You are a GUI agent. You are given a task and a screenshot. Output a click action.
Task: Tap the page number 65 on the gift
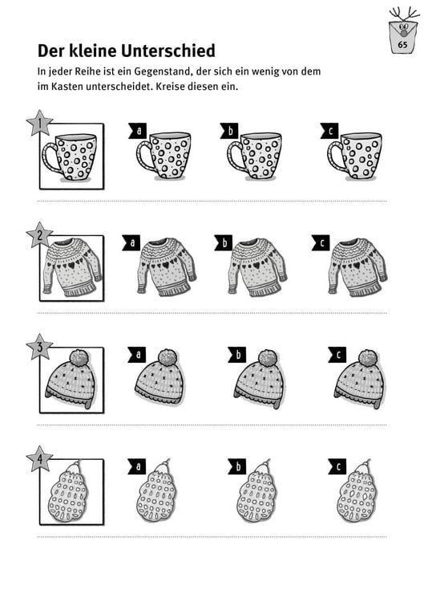click(x=402, y=45)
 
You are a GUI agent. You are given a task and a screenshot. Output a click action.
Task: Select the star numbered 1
click(x=39, y=124)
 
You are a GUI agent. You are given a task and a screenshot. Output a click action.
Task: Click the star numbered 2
click(x=39, y=235)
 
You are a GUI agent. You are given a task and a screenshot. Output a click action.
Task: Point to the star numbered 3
click(x=39, y=347)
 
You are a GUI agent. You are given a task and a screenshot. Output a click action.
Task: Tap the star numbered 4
click(x=39, y=459)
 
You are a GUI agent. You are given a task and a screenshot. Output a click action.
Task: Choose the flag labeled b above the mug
click(x=229, y=131)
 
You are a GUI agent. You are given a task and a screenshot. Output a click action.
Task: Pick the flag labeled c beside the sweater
click(x=321, y=242)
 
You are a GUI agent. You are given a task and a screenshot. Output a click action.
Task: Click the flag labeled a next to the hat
click(x=137, y=355)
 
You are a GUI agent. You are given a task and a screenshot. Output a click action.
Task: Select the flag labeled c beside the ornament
click(x=337, y=466)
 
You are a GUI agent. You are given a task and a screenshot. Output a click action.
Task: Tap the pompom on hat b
click(x=267, y=357)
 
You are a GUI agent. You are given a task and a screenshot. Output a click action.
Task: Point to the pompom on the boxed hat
click(x=79, y=357)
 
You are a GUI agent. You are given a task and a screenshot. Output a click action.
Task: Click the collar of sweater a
click(x=162, y=242)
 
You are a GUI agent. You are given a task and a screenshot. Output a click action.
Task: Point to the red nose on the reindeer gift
click(x=403, y=33)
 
